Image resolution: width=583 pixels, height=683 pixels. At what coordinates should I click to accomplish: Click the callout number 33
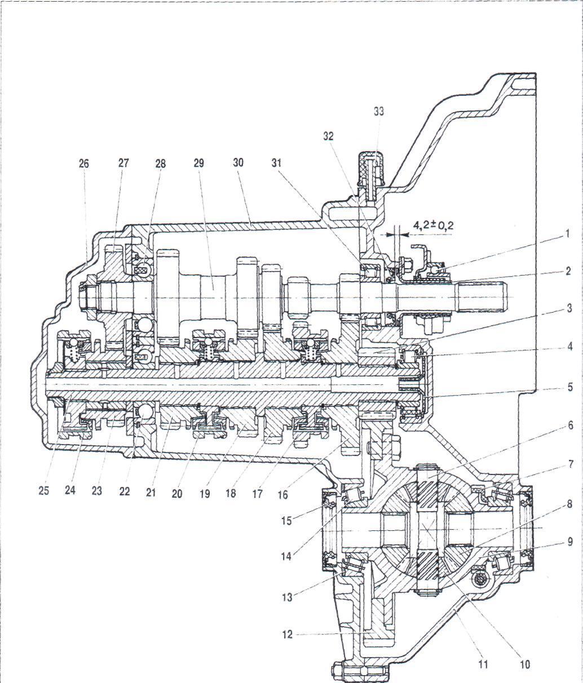(379, 112)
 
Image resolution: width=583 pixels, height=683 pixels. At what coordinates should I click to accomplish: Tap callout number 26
(84, 163)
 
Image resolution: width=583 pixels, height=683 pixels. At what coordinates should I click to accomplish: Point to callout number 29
(198, 163)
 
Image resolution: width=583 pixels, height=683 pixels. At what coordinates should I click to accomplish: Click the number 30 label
(238, 163)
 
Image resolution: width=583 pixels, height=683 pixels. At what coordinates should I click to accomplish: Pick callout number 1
(567, 234)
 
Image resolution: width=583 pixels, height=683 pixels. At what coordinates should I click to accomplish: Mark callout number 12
(288, 635)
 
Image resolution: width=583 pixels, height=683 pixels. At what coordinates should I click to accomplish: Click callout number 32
(328, 136)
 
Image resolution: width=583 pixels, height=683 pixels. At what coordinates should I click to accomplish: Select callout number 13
(288, 597)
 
